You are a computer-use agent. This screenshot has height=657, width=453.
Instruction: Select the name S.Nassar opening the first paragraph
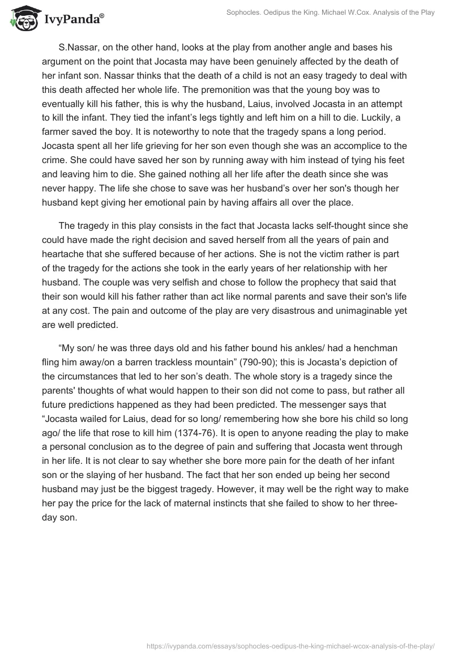pyautogui.click(x=81, y=47)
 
